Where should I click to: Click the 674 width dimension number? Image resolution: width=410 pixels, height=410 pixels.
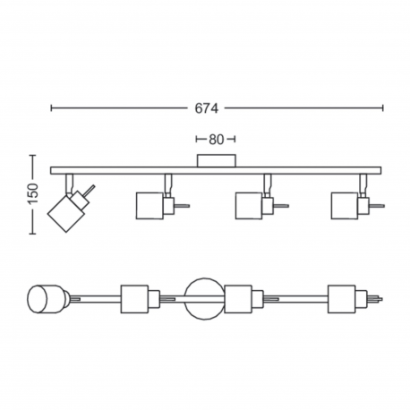[x=207, y=108]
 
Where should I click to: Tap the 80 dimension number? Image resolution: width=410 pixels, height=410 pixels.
[x=216, y=140]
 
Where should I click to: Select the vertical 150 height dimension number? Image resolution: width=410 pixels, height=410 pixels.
[x=33, y=194]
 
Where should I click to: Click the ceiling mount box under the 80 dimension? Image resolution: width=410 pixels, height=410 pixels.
[x=217, y=160]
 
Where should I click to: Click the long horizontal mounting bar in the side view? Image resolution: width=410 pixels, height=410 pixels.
[x=216, y=170]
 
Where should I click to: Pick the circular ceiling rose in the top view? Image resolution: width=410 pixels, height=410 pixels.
[x=204, y=299]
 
